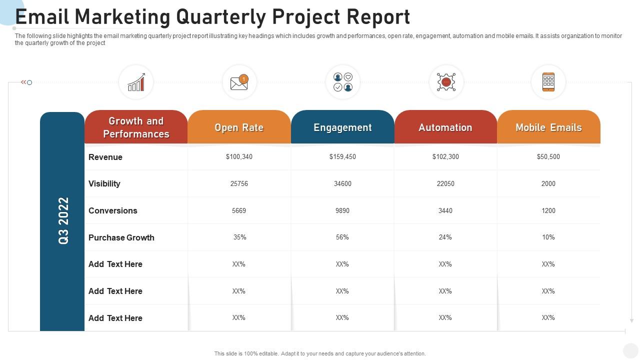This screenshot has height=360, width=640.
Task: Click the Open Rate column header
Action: [x=239, y=127]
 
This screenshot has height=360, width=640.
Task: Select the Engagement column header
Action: [x=342, y=127]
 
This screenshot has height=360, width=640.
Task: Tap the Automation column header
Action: [x=445, y=127]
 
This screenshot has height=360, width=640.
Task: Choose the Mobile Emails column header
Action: [x=548, y=127]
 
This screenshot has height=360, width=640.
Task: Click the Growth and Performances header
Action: [x=136, y=127]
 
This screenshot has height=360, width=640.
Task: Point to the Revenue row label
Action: [x=105, y=157]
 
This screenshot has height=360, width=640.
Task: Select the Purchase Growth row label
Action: [x=121, y=237]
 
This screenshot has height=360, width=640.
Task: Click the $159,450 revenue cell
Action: [x=342, y=157]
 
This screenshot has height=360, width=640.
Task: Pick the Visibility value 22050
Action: [x=445, y=183]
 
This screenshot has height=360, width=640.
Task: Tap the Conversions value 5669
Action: [x=239, y=210]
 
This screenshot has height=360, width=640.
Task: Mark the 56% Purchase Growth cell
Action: [x=342, y=237]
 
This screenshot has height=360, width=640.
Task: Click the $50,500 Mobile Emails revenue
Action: [x=548, y=157]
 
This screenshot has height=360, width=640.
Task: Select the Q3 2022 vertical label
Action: [x=63, y=220]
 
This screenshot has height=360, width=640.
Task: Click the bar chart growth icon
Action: [x=136, y=82]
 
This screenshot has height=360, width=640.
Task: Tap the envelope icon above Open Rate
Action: [x=239, y=82]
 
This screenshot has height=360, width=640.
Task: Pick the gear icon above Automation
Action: [x=446, y=82]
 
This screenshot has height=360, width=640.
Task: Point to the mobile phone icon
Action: [x=548, y=82]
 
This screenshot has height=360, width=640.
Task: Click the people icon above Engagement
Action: [x=343, y=82]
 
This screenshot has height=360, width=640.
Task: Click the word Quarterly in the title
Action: [x=220, y=17]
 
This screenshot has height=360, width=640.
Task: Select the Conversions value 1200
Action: [x=548, y=210]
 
